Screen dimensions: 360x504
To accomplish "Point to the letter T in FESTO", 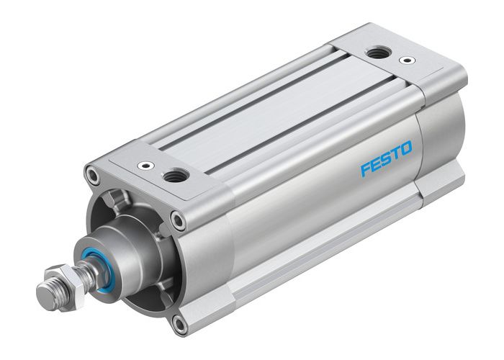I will pyautogui.click(x=396, y=153).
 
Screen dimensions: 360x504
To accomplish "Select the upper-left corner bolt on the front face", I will pyautogui.click(x=91, y=174).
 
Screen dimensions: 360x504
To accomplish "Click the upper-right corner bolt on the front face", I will pyautogui.click(x=177, y=220).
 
